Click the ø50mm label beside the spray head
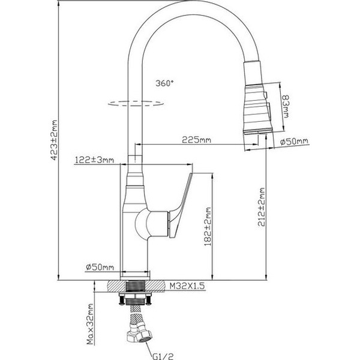tap(294, 142)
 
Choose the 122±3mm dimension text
tap(94, 160)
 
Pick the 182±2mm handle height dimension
tap(208, 229)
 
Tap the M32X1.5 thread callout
tap(188, 287)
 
